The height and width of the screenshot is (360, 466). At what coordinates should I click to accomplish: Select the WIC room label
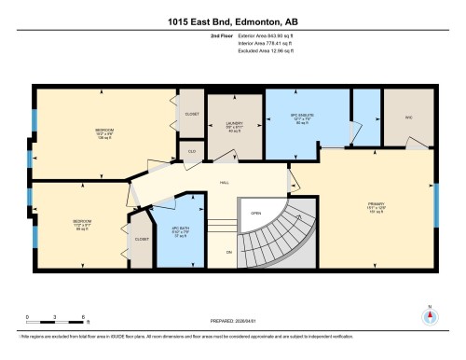pyautogui.click(x=408, y=118)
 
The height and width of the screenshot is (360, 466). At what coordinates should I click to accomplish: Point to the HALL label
pyautogui.click(x=225, y=182)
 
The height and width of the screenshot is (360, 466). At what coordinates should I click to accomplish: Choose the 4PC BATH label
pyautogui.click(x=184, y=228)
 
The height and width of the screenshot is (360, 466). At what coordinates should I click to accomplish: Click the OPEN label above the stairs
pyautogui.click(x=255, y=211)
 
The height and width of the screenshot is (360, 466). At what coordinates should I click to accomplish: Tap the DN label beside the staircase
pyautogui.click(x=228, y=253)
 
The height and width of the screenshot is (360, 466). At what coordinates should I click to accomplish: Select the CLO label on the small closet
pyautogui.click(x=191, y=150)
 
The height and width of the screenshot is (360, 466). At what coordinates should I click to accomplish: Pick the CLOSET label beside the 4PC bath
pyautogui.click(x=142, y=239)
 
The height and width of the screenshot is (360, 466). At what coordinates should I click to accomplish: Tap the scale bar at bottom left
pyautogui.click(x=56, y=313)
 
